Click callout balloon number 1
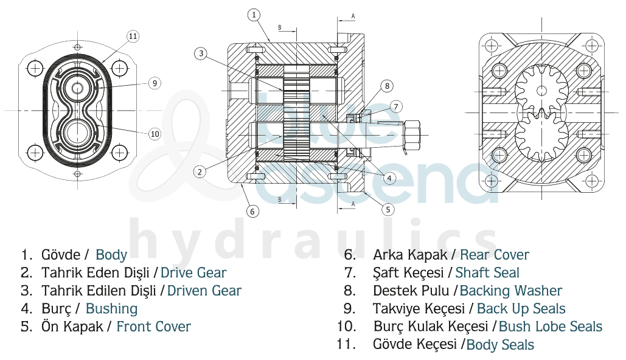click(254, 14)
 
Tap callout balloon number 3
click(202, 54)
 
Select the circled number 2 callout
click(198, 171)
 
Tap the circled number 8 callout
click(387, 86)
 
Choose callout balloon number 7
click(395, 107)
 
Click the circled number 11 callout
click(133, 36)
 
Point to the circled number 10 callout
click(155, 133)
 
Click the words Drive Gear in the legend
click(193, 273)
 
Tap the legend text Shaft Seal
click(487, 273)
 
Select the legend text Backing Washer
click(510, 291)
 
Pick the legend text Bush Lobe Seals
click(550, 327)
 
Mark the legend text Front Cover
click(153, 327)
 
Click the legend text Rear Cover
click(494, 255)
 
